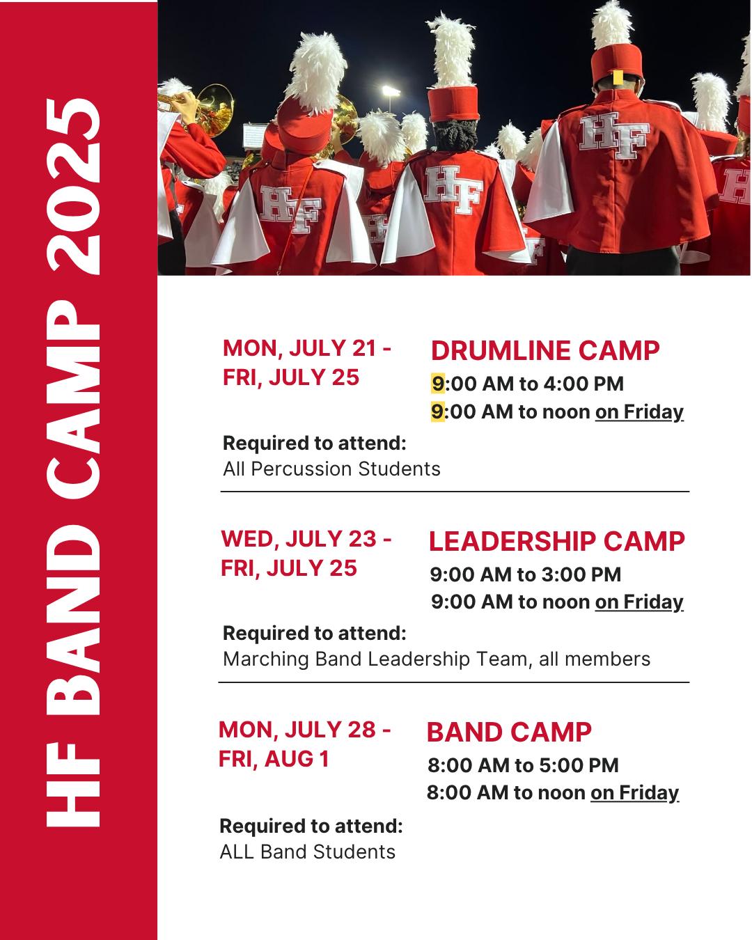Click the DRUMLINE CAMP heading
point(545,351)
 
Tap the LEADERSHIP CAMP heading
point(557,541)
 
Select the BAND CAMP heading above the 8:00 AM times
point(509,732)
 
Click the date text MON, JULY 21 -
point(307,348)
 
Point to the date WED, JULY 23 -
point(306,539)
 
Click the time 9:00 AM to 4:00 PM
point(528,384)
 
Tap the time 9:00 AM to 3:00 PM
point(526,574)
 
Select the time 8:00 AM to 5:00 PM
point(523,765)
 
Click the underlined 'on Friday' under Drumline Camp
point(639,412)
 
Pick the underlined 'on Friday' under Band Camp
point(634,792)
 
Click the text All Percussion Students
point(331,469)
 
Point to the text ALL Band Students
point(307,852)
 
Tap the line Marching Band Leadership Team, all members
point(437,659)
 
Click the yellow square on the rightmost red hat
point(618,77)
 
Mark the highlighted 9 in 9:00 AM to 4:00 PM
point(437,384)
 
